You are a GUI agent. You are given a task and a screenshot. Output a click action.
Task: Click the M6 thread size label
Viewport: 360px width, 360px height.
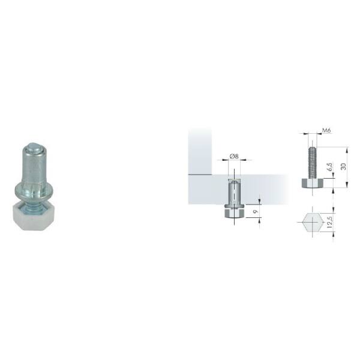[x=326, y=130]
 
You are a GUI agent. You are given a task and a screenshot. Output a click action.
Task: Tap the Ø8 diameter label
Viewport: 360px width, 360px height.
[x=234, y=157]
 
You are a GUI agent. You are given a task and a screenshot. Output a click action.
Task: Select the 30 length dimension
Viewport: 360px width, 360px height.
[x=343, y=167]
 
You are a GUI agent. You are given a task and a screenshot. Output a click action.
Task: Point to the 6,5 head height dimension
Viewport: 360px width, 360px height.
[x=330, y=167]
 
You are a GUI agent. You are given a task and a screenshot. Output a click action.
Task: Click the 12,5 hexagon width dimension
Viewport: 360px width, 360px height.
[x=329, y=222]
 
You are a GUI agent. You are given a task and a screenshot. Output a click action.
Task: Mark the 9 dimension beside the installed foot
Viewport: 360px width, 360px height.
[x=256, y=211]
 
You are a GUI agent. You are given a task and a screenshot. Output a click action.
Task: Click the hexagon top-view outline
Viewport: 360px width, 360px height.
[x=313, y=222]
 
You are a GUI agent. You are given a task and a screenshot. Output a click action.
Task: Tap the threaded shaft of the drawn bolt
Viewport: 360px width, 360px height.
[x=313, y=163]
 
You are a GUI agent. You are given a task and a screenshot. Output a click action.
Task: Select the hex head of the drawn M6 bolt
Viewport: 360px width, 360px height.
[x=313, y=183]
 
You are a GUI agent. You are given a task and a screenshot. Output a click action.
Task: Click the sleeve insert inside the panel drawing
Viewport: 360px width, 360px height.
[x=234, y=192]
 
